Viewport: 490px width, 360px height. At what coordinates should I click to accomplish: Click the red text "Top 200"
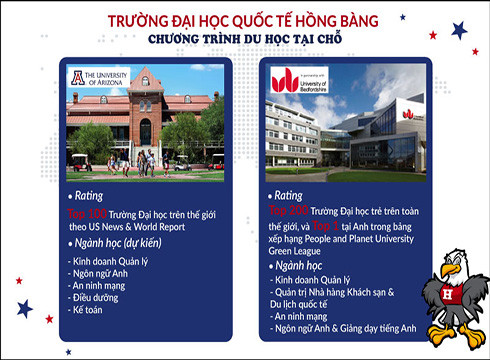290,212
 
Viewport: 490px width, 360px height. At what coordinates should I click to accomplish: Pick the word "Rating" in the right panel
295,196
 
